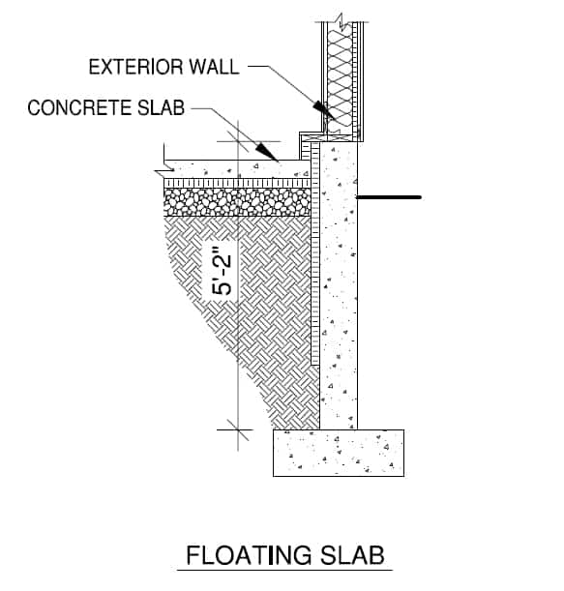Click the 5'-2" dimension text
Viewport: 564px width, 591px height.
223,275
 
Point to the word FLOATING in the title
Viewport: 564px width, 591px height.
249,556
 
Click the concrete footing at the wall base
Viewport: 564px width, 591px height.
337,452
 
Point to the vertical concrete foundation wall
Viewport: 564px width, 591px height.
338,290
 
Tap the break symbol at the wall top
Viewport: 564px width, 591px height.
341,16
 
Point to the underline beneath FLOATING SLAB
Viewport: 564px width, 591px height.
284,570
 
